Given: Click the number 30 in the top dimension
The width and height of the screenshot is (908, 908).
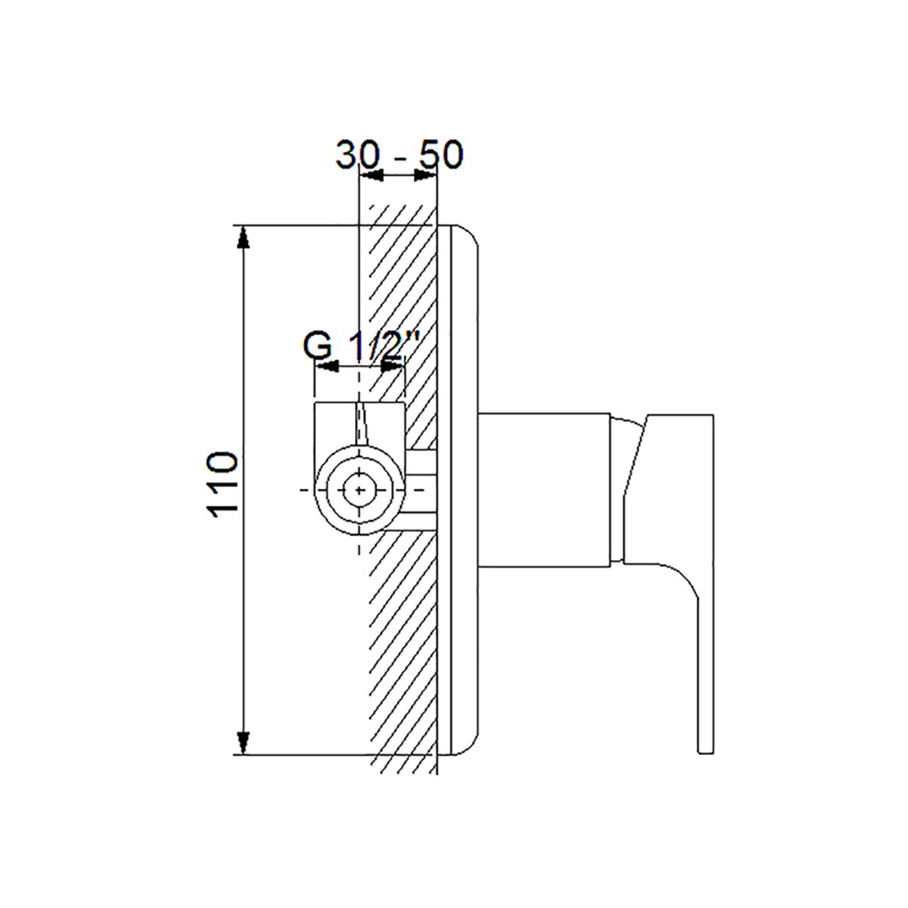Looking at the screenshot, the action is pyautogui.click(x=357, y=154).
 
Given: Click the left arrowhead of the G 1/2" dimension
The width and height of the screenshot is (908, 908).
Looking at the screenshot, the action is pyautogui.click(x=328, y=366).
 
